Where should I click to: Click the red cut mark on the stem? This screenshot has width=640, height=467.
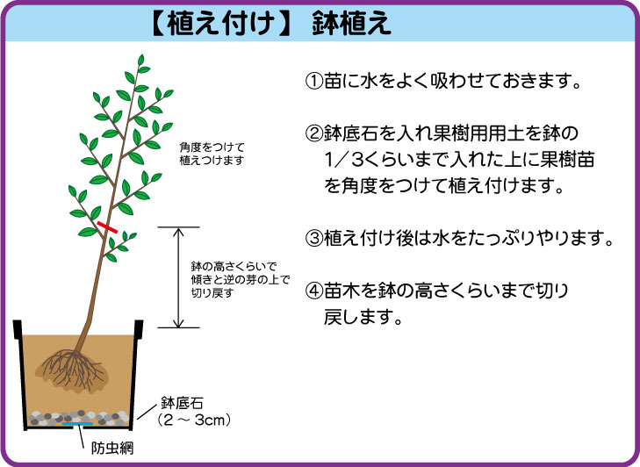pyautogui.click(x=107, y=227)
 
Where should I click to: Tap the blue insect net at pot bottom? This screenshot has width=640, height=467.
pyautogui.click(x=77, y=424)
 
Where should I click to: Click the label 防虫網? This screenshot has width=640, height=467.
pyautogui.click(x=111, y=449)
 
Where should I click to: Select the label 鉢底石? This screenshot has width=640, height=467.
pyautogui.click(x=182, y=403)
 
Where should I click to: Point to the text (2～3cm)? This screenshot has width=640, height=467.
pyautogui.click(x=194, y=420)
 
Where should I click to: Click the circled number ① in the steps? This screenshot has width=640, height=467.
pyautogui.click(x=314, y=81)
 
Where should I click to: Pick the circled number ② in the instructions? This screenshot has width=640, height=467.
pyautogui.click(x=314, y=133)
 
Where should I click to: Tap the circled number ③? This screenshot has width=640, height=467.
pyautogui.click(x=314, y=238)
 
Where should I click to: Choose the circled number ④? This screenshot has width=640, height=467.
pyautogui.click(x=314, y=291)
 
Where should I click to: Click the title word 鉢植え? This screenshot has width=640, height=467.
pyautogui.click(x=351, y=24)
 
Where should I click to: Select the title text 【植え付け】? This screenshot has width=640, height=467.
pyautogui.click(x=221, y=24)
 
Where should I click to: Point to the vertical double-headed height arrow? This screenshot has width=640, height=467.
pyautogui.click(x=178, y=277)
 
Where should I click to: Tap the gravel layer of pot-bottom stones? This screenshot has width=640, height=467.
pyautogui.click(x=78, y=418)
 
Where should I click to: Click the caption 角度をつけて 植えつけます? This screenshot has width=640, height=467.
pyautogui.click(x=212, y=154)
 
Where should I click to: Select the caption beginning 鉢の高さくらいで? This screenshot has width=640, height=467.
pyautogui.click(x=241, y=280)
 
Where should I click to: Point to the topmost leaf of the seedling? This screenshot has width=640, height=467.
pyautogui.click(x=140, y=60)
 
